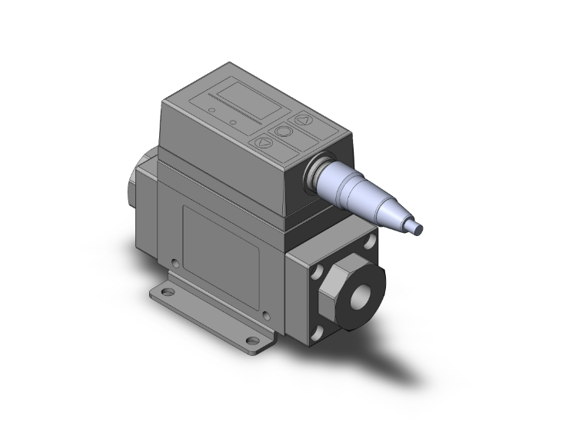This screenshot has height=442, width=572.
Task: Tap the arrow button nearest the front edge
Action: coord(263,142)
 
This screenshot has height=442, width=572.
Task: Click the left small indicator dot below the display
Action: coord(211,111)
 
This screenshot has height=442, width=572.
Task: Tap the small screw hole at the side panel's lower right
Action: coord(266,313)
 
